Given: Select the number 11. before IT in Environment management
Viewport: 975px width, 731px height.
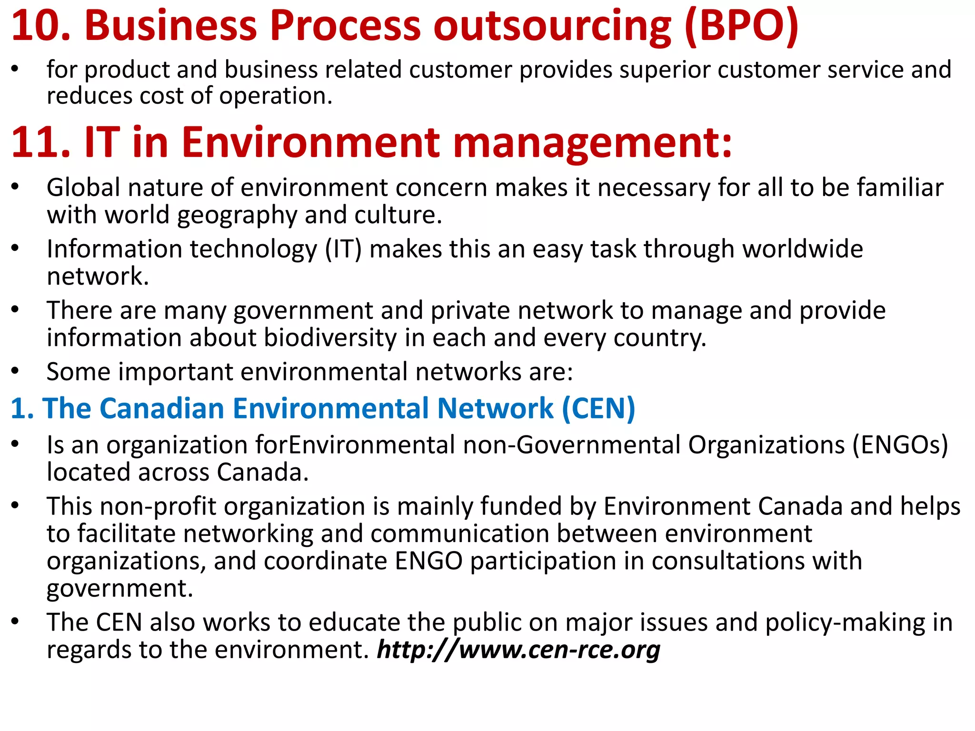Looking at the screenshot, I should [41, 142].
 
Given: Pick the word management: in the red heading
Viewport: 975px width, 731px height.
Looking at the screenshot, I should [592, 142].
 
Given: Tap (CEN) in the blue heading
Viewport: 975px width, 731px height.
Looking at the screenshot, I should [598, 409].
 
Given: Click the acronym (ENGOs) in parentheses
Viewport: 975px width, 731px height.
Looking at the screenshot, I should [900, 445].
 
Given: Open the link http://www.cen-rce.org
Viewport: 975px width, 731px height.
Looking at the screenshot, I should [518, 650].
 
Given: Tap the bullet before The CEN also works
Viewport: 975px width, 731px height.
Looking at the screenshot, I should [15, 622].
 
